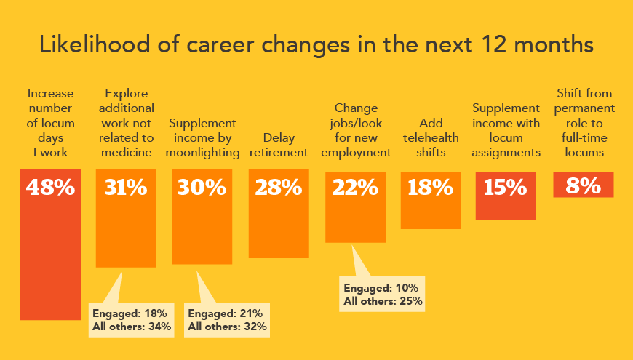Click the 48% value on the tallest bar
click(x=50, y=188)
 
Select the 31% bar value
click(x=126, y=188)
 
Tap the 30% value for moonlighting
click(x=202, y=188)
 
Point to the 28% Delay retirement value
click(x=278, y=188)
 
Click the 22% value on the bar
click(x=355, y=188)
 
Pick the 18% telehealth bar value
click(x=431, y=188)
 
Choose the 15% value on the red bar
click(x=506, y=188)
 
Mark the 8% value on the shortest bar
click(x=583, y=185)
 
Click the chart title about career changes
click(x=316, y=44)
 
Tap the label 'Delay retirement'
click(x=279, y=145)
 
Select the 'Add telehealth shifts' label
click(x=431, y=137)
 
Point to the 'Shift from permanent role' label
click(x=584, y=123)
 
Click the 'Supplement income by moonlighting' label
click(x=202, y=137)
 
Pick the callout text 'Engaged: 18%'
click(x=130, y=313)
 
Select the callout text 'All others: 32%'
click(x=227, y=327)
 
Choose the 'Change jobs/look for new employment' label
click(x=355, y=130)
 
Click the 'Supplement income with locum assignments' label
click(x=506, y=130)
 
